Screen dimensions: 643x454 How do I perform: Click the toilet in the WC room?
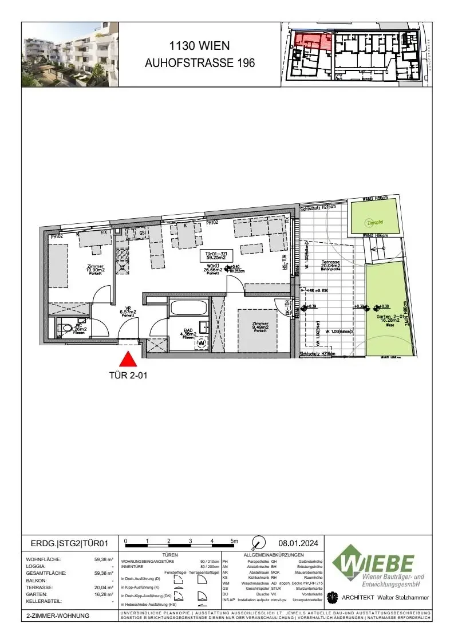coord(61,329)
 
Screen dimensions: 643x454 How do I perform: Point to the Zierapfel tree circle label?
coord(375,223)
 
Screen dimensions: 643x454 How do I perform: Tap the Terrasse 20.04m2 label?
coord(331,265)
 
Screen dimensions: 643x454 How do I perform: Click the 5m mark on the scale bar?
coord(234,541)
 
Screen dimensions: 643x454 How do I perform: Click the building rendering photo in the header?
coord(70,54)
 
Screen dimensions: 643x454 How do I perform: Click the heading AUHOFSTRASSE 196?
coord(200,63)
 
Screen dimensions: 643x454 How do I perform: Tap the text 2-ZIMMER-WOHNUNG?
coord(58,616)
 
